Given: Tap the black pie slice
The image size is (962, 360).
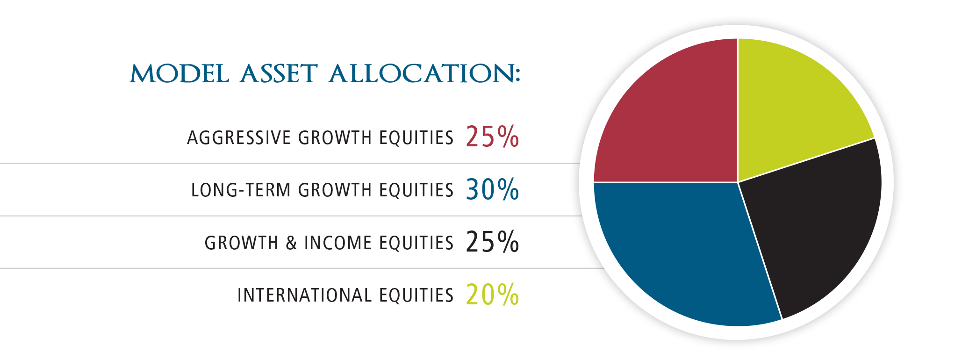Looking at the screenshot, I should pyautogui.click(x=813, y=224).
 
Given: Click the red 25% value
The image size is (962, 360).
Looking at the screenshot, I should pyautogui.click(x=492, y=137).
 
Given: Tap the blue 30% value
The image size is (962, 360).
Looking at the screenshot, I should pyautogui.click(x=492, y=189).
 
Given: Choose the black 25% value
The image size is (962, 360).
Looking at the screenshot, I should pyautogui.click(x=492, y=242).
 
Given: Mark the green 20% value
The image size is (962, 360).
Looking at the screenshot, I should pyautogui.click(x=492, y=295).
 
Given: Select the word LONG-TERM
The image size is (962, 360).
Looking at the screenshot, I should pyautogui.click(x=241, y=190).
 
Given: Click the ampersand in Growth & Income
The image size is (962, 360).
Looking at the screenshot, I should pyautogui.click(x=291, y=243).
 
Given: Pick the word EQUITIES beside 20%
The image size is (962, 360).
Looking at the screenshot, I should pyautogui.click(x=416, y=295).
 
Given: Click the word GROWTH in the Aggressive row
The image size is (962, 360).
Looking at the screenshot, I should pyautogui.click(x=335, y=138).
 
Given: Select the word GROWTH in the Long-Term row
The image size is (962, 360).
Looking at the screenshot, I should pyautogui.click(x=335, y=190).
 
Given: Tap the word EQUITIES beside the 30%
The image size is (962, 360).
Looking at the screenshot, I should pyautogui.click(x=416, y=190).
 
